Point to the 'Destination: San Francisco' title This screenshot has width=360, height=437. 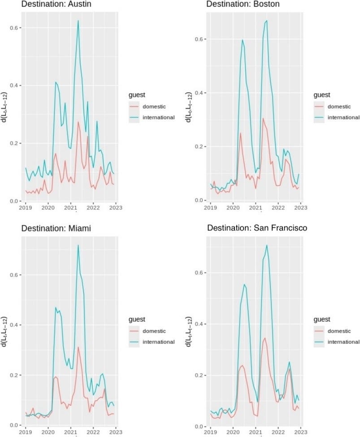point(257,228)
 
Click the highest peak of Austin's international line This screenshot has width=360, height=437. point(78,21)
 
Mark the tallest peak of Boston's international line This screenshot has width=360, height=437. point(267,21)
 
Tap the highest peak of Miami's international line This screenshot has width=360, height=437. point(78,245)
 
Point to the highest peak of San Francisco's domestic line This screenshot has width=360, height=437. point(265,338)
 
